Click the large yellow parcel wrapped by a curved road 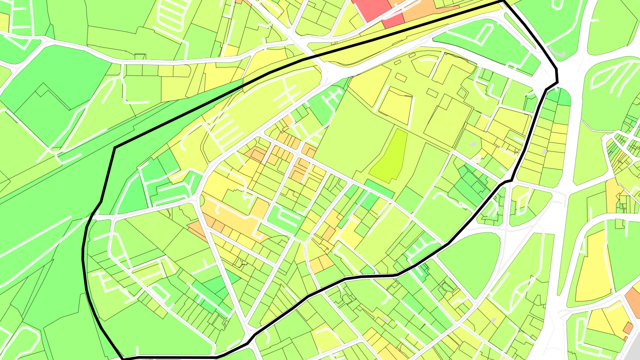pos(591,267)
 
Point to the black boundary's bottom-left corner pos(122,358)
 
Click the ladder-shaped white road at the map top pos(169,18)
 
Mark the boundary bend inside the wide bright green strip pos(115,148)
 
